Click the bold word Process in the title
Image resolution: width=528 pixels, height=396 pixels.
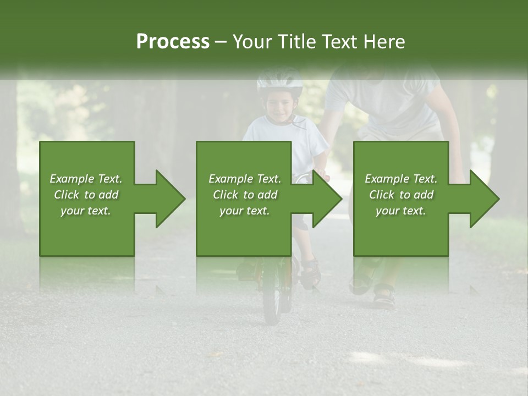[x=173, y=42]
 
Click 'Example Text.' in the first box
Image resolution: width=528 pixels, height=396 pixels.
[x=86, y=179]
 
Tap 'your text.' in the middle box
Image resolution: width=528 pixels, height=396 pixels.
[x=244, y=211]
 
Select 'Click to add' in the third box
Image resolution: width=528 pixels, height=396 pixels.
[x=401, y=195]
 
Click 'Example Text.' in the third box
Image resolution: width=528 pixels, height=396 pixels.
[x=401, y=179]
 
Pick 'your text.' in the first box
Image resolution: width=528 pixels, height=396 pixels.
[x=86, y=211]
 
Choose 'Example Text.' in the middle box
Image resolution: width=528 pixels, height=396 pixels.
[x=244, y=179]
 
